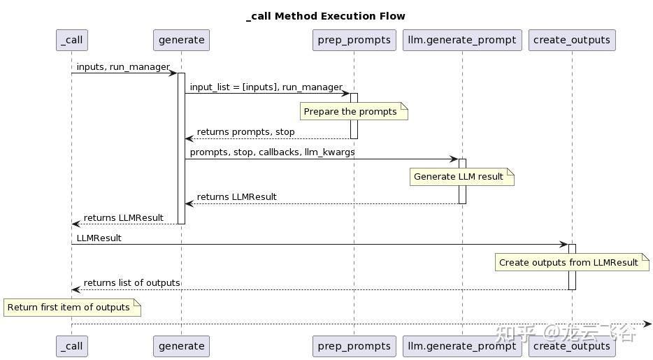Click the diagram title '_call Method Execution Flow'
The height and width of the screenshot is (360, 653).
(x=326, y=16)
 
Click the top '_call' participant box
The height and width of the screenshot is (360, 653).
(x=72, y=40)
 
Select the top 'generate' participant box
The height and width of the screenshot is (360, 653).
(x=181, y=40)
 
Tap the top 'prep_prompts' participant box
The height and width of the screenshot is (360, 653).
(x=354, y=40)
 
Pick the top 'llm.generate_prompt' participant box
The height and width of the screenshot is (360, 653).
(x=462, y=40)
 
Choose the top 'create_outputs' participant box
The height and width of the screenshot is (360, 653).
(x=572, y=40)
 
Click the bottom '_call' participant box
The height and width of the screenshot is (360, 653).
(x=72, y=346)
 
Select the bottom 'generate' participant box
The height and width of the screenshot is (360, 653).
(x=181, y=346)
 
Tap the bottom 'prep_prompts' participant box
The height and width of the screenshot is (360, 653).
(x=354, y=346)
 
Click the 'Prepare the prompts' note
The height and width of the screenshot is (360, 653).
(x=354, y=112)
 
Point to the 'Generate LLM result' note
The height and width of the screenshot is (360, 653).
(x=462, y=176)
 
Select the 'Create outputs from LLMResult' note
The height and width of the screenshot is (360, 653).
(x=572, y=263)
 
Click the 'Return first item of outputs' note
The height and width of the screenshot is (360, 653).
(x=72, y=307)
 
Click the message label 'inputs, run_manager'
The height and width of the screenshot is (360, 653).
(x=123, y=67)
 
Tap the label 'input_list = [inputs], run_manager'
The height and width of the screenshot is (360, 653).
(x=266, y=87)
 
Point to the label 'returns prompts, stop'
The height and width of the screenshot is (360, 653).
(x=245, y=132)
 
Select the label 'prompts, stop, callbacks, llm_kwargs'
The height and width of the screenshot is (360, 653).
(x=273, y=152)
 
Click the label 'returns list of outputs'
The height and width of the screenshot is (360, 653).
(x=131, y=283)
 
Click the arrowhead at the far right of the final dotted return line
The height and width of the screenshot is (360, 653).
(x=647, y=324)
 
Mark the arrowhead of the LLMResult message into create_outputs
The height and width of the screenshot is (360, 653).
(x=564, y=244)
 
